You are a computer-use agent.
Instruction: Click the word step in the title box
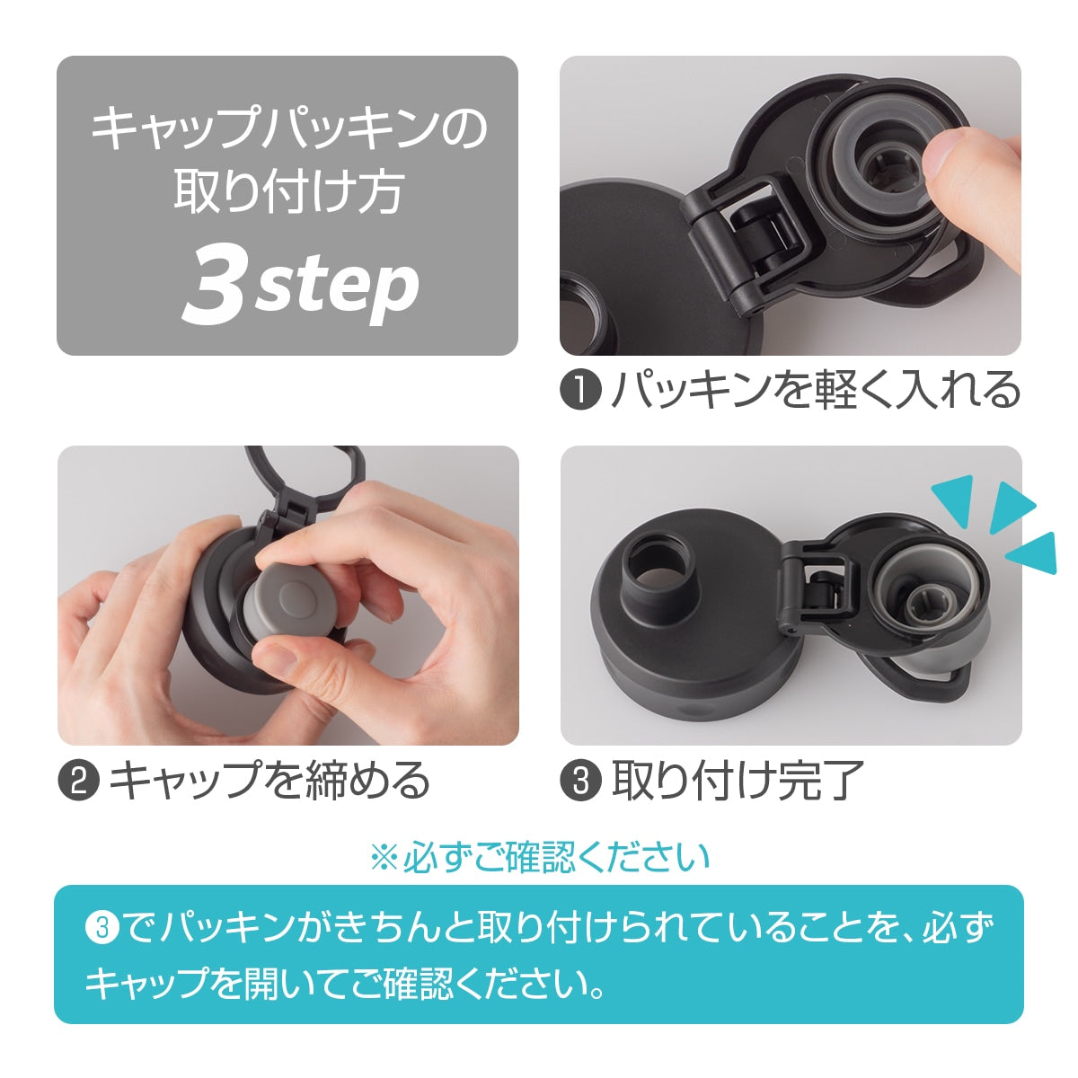pos(338,288)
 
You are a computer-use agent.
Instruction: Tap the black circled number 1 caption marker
pos(580,390)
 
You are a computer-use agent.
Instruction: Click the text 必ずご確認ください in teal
pos(557,857)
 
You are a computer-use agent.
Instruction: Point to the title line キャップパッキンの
pos(289,129)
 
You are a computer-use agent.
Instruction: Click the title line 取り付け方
pos(288,192)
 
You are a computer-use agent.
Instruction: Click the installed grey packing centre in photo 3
pos(927,605)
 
